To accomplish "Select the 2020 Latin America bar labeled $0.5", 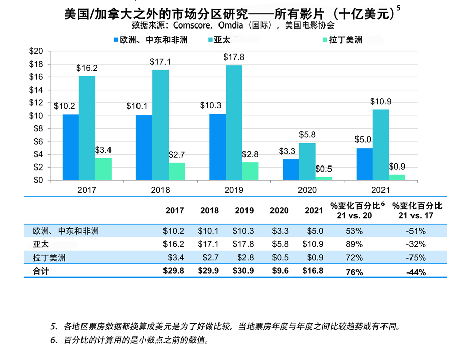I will coord(323,178).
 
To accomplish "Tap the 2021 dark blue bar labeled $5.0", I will coord(364,164).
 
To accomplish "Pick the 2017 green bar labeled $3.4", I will coord(103,169).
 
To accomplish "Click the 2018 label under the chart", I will coord(160,190).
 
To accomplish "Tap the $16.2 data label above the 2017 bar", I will coord(87,68).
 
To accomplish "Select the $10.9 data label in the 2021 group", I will coord(380,102).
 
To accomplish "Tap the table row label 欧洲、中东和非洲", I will coord(62,231).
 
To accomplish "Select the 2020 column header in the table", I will coord(279,210).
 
